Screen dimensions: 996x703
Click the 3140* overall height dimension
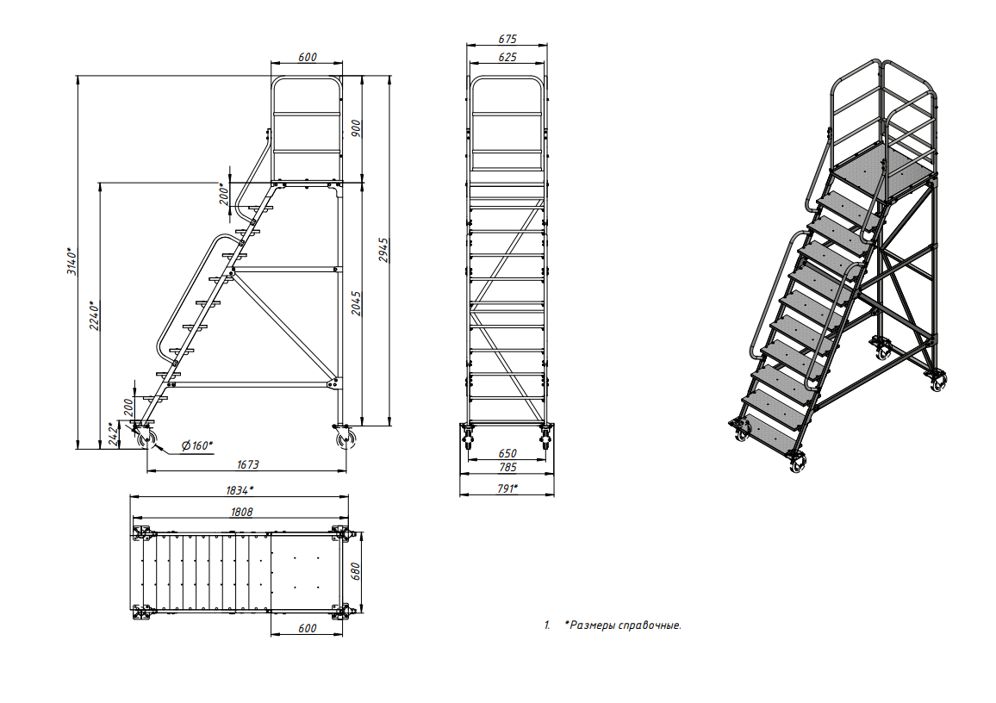pyautogui.click(x=72, y=261)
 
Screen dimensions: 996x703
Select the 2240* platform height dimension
pyautogui.click(x=95, y=315)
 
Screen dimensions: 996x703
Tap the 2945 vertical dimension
pyautogui.click(x=383, y=250)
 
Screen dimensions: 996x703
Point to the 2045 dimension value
pyautogui.click(x=357, y=303)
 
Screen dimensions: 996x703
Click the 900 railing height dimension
pyautogui.click(x=357, y=128)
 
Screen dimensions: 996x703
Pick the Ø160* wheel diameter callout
pyautogui.click(x=197, y=445)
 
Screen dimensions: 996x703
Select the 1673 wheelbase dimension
pyautogui.click(x=248, y=464)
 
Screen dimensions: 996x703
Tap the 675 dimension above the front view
pyautogui.click(x=507, y=39)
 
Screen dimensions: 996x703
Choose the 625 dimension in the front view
pyautogui.click(x=507, y=57)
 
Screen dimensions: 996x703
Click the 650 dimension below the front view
pyautogui.click(x=507, y=453)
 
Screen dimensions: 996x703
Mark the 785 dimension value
pyautogui.click(x=507, y=468)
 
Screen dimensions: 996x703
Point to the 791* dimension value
pyautogui.click(x=507, y=489)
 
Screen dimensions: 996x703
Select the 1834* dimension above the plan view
pyautogui.click(x=240, y=490)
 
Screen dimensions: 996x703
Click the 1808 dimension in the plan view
pyautogui.click(x=241, y=512)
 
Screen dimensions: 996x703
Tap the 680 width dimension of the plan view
pyautogui.click(x=356, y=571)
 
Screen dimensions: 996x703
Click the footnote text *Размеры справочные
pyautogui.click(x=622, y=625)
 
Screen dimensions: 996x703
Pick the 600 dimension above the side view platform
pyautogui.click(x=307, y=57)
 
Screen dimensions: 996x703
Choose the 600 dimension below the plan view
pyautogui.click(x=307, y=628)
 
